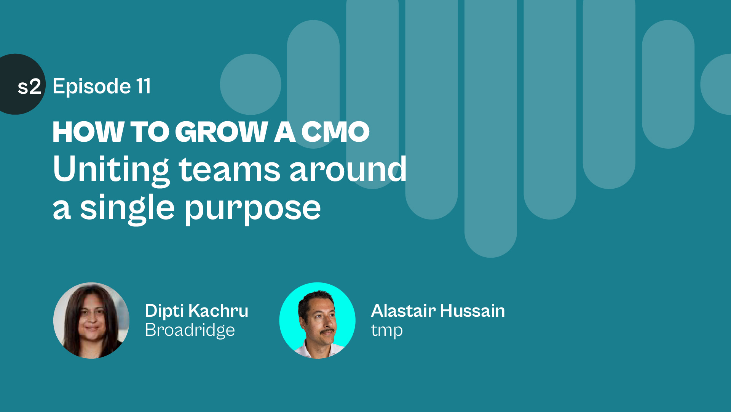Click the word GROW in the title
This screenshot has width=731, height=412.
coord(222,132)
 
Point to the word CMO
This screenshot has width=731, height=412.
coord(335,132)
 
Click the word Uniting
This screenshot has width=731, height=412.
coord(111,170)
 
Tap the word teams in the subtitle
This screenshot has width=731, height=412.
coord(230,170)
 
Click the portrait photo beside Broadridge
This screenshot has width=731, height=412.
coord(91,321)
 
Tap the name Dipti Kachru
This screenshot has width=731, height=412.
coord(197,311)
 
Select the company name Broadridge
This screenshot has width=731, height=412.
coord(190,330)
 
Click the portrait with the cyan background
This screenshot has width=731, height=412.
coord(318,321)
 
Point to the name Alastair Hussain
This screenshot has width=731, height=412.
coord(438,311)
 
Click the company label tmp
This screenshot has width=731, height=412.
coord(387,331)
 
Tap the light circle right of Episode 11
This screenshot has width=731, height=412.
coord(251,84)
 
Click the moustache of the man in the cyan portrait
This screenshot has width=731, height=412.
coord(327,332)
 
